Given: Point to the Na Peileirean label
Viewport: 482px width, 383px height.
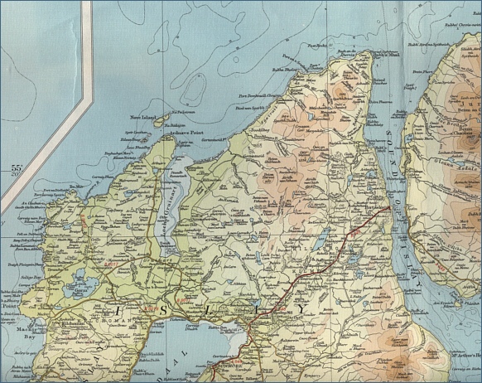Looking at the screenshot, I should tap(183, 108).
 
